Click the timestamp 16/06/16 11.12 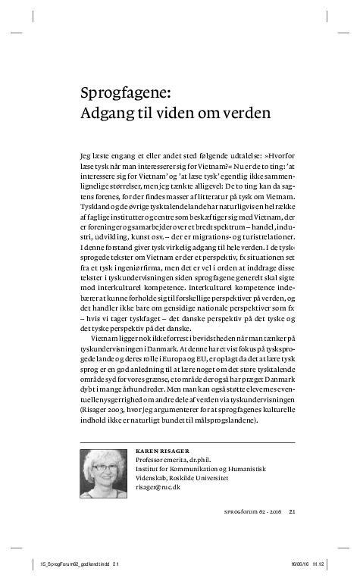302,564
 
